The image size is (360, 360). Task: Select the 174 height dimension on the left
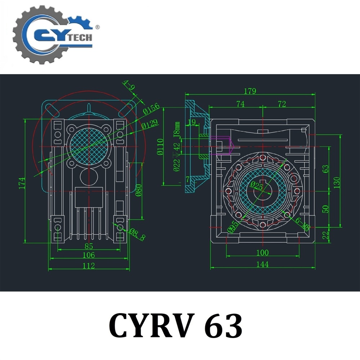tap(22, 183)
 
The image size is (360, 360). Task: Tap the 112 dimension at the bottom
tap(89, 266)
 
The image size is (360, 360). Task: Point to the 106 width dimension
tap(89, 255)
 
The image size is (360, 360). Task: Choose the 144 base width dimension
tap(263, 265)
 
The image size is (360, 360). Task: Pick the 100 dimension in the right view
tap(262, 253)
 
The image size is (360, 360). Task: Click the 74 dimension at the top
tap(240, 104)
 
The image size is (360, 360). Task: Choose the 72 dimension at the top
tap(282, 104)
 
